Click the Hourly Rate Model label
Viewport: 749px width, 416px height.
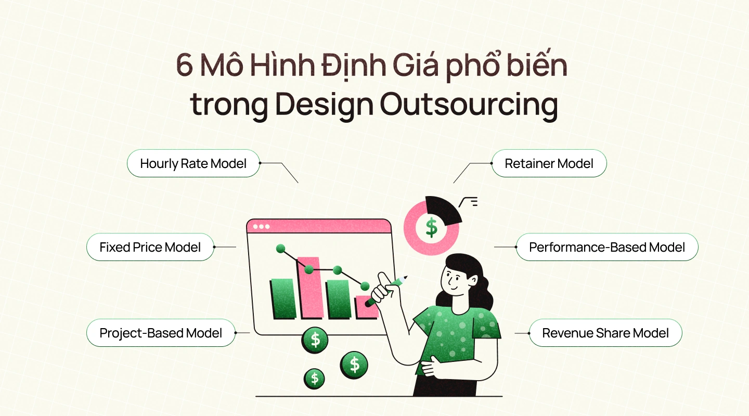193,163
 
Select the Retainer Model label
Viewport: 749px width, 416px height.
549,163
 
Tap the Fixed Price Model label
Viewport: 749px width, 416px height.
150,247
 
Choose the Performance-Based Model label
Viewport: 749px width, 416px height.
607,247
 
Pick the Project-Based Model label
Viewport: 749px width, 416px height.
161,333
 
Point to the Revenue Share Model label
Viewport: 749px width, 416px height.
605,333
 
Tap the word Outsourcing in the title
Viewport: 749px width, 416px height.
469,104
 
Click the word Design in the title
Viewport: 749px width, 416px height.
324,104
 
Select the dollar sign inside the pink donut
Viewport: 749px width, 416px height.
431,227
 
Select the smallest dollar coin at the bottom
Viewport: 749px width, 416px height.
315,378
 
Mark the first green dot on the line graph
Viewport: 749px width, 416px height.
281,248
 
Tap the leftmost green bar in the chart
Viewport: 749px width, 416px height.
283,298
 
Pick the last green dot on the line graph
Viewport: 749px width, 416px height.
365,285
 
